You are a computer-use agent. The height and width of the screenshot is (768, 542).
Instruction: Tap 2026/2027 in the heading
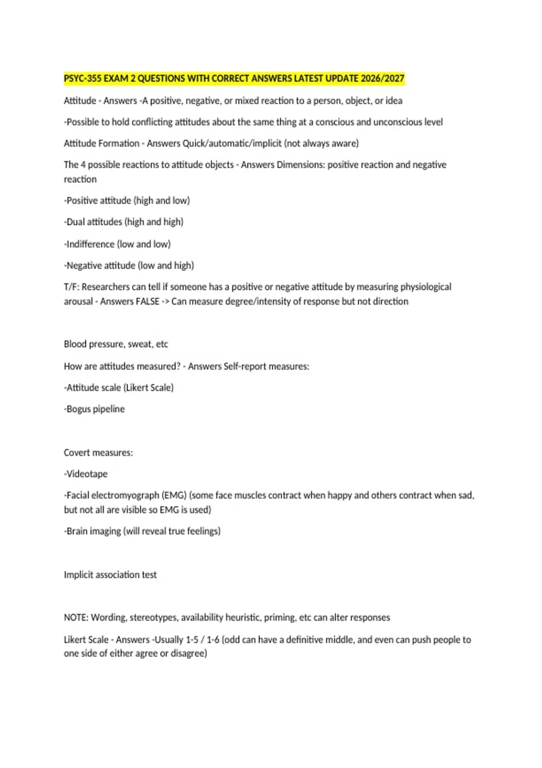coord(383,79)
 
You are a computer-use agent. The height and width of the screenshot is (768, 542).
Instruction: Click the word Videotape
coord(87,474)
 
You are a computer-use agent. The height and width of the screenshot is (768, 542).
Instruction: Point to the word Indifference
coord(91,244)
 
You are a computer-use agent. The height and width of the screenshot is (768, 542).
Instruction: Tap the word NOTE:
coord(76,618)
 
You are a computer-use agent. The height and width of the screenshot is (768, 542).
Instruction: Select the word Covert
coord(77,453)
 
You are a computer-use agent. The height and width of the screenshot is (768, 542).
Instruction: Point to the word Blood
coord(75,344)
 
